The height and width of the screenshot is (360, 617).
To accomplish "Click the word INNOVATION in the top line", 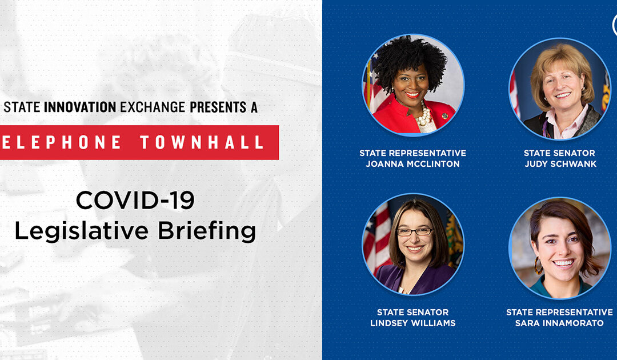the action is [x=80, y=107].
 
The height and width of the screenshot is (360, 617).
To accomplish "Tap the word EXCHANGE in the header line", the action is [x=153, y=107].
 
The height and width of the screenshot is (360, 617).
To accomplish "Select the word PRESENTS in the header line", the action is [x=218, y=107].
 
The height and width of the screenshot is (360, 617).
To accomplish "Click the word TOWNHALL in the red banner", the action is [x=202, y=142].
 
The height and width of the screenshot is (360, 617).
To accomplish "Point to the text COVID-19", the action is [x=135, y=200].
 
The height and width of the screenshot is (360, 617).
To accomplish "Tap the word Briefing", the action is [x=207, y=231].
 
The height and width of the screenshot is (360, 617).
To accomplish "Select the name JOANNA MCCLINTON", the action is [x=412, y=164].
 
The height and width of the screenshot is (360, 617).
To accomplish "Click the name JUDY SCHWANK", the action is [x=560, y=164].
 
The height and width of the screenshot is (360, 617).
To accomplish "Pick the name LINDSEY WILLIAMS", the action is [x=413, y=323].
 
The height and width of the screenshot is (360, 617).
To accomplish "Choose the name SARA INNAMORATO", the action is [x=559, y=323].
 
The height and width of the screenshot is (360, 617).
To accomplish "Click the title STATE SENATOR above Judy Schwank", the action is [x=559, y=153].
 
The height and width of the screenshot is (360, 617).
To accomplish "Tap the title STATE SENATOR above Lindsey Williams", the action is [x=413, y=313].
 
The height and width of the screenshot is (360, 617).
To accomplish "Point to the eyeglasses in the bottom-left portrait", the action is [x=414, y=232].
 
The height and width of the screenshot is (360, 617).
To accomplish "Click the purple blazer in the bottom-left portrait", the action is [x=413, y=280].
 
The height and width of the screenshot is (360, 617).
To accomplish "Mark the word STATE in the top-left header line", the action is [x=22, y=107].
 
